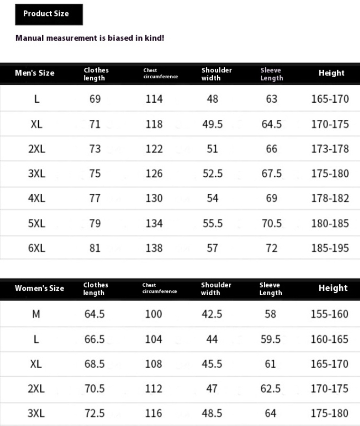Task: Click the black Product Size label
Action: tap(49, 14)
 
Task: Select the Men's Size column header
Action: tap(35, 73)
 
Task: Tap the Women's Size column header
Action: tap(39, 288)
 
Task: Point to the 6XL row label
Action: tap(37, 248)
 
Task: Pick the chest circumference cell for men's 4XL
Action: tap(154, 198)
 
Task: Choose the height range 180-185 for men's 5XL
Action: tap(330, 223)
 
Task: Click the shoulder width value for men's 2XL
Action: tap(212, 149)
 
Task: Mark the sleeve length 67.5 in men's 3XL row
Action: tap(272, 173)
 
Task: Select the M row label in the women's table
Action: tap(36, 314)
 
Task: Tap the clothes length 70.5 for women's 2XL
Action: tap(94, 389)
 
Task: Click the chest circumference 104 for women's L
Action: tap(154, 339)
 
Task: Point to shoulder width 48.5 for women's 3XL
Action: tap(212, 413)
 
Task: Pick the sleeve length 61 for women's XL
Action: tap(271, 364)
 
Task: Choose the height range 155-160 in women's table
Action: tap(330, 314)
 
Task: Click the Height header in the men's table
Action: tap(332, 73)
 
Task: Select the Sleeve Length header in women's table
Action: tap(271, 289)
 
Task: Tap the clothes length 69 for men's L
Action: tap(95, 99)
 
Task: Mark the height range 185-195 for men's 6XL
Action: tap(330, 248)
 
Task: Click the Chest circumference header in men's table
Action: tap(160, 73)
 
